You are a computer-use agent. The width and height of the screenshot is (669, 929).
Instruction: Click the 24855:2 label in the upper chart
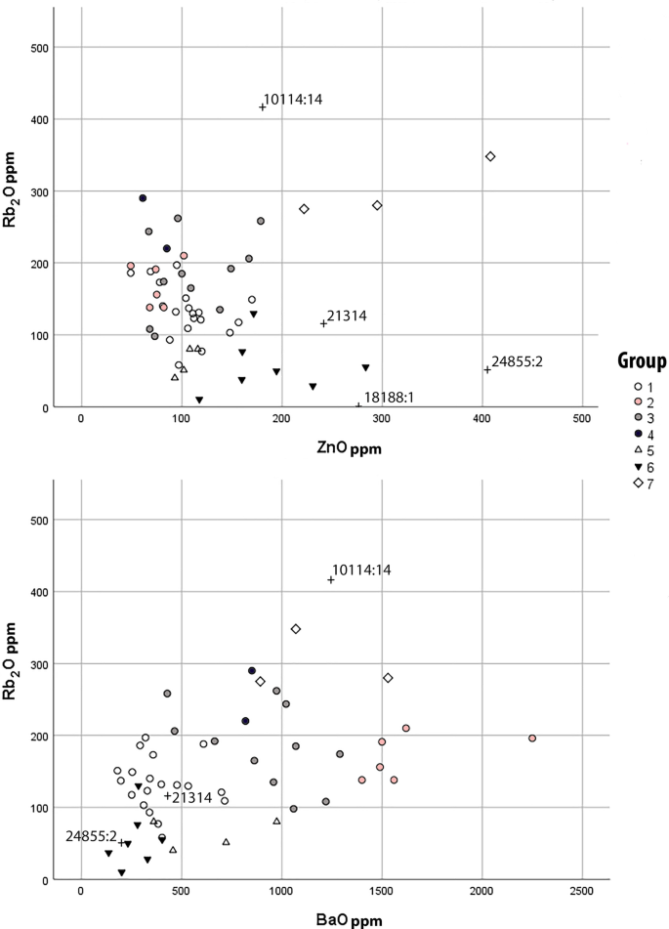point(517,361)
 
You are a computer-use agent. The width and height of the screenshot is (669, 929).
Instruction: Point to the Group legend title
point(641,361)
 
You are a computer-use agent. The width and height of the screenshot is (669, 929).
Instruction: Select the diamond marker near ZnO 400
point(490,156)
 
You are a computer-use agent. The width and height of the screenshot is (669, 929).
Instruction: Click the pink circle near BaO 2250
point(532,739)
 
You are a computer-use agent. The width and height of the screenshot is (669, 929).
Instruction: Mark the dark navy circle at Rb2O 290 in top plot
point(143,198)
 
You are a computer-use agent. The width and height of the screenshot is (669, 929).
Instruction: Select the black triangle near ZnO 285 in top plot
point(365,367)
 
